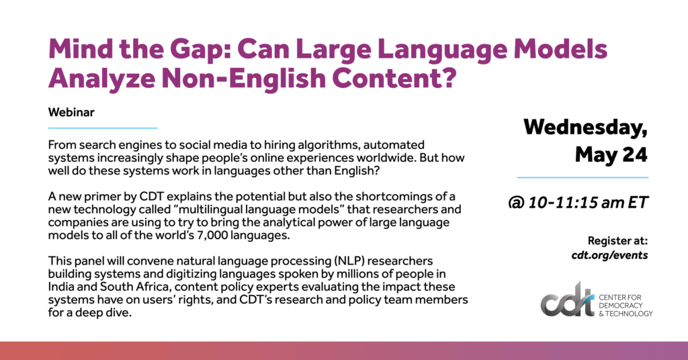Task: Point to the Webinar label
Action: pos(71,112)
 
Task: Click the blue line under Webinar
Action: pos(103,128)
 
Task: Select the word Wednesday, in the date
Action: pos(585,128)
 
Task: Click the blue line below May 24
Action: pos(583,177)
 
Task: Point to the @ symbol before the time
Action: pos(516,203)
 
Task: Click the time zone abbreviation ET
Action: pos(638,202)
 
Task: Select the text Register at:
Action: pos(617,240)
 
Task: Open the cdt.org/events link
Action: pos(609,255)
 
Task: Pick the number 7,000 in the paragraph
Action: pos(212,236)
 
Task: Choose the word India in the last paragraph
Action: pos(60,287)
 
